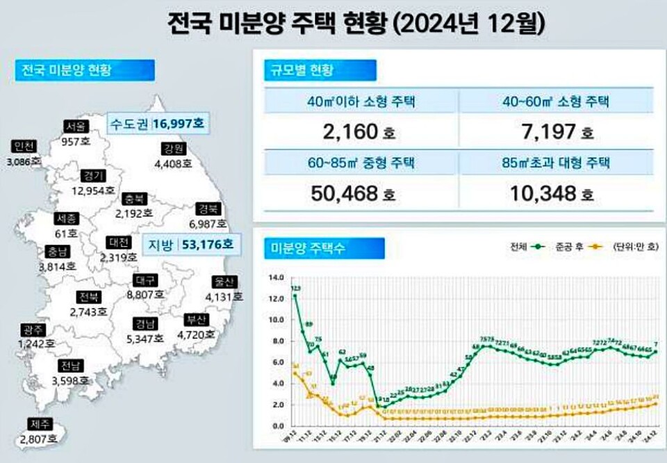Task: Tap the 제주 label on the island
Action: point(38,424)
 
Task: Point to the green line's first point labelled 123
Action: point(295,295)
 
